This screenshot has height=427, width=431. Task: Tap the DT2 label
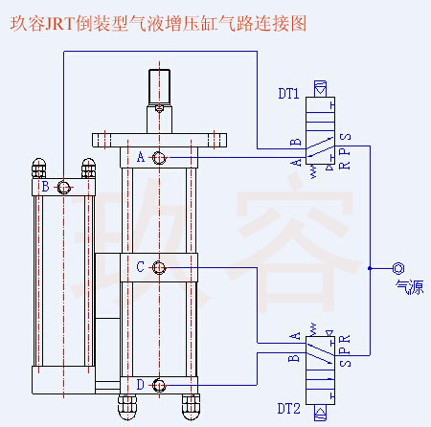[x=289, y=410]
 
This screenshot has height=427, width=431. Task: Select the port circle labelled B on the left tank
[x=64, y=187]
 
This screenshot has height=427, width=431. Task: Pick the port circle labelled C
[x=160, y=267]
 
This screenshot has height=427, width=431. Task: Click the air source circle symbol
[x=398, y=268]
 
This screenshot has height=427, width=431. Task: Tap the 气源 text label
[x=408, y=288]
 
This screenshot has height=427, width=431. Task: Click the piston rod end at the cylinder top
[x=160, y=86]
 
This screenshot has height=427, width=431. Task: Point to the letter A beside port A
[x=141, y=157]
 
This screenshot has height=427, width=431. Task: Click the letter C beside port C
[x=141, y=267]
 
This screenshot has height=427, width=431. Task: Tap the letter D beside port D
[x=141, y=385]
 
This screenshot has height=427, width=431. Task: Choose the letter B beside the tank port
[x=45, y=187]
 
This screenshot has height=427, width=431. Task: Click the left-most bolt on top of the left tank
[x=39, y=167]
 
